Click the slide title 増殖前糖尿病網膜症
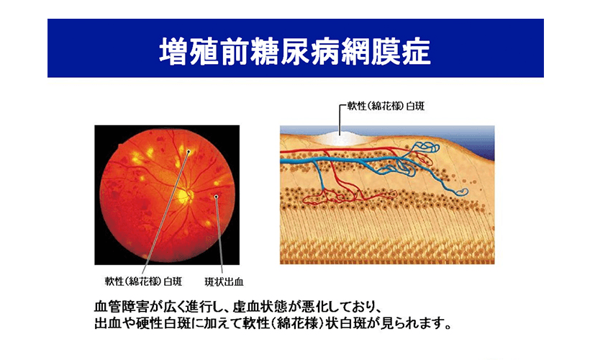pyautogui.click(x=295, y=51)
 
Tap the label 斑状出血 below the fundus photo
pyautogui.click(x=224, y=282)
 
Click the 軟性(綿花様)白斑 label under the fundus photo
pyautogui.click(x=143, y=282)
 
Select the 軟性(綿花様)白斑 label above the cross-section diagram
pyautogui.click(x=386, y=106)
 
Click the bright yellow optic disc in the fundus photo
pyautogui.click(x=184, y=196)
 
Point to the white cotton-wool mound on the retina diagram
pyautogui.click(x=340, y=138)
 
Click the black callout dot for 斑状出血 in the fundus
pyautogui.click(x=217, y=197)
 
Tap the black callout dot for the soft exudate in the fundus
pyautogui.click(x=189, y=152)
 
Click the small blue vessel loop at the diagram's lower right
pyautogui.click(x=462, y=192)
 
